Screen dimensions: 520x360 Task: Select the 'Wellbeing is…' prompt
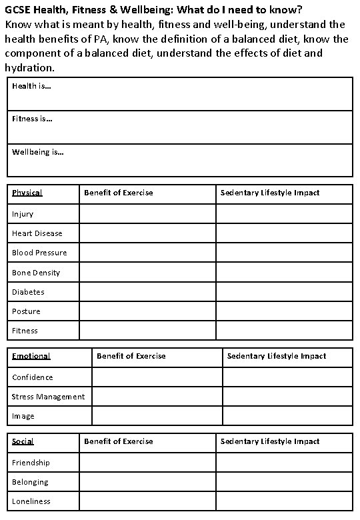point(38,152)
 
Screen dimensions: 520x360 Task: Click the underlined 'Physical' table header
point(27,193)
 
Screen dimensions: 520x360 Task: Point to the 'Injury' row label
point(22,214)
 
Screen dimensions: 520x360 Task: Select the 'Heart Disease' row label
point(37,233)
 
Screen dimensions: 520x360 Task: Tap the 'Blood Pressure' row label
point(39,253)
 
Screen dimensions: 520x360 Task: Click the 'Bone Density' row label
point(35,273)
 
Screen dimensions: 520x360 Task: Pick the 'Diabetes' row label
point(28,292)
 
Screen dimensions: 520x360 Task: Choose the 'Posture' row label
point(26,311)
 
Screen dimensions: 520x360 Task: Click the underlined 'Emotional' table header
point(31,356)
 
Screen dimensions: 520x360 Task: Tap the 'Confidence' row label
point(32,377)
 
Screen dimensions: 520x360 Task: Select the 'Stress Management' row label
point(48,397)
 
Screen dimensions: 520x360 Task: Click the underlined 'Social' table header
point(23,441)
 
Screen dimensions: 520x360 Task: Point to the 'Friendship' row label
point(31,463)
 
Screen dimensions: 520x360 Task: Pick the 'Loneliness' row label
point(31,501)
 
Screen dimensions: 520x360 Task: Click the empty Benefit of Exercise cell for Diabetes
point(147,292)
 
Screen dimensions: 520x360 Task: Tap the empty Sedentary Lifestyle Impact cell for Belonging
point(284,482)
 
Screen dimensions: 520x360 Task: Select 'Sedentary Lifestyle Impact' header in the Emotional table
point(277,356)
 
